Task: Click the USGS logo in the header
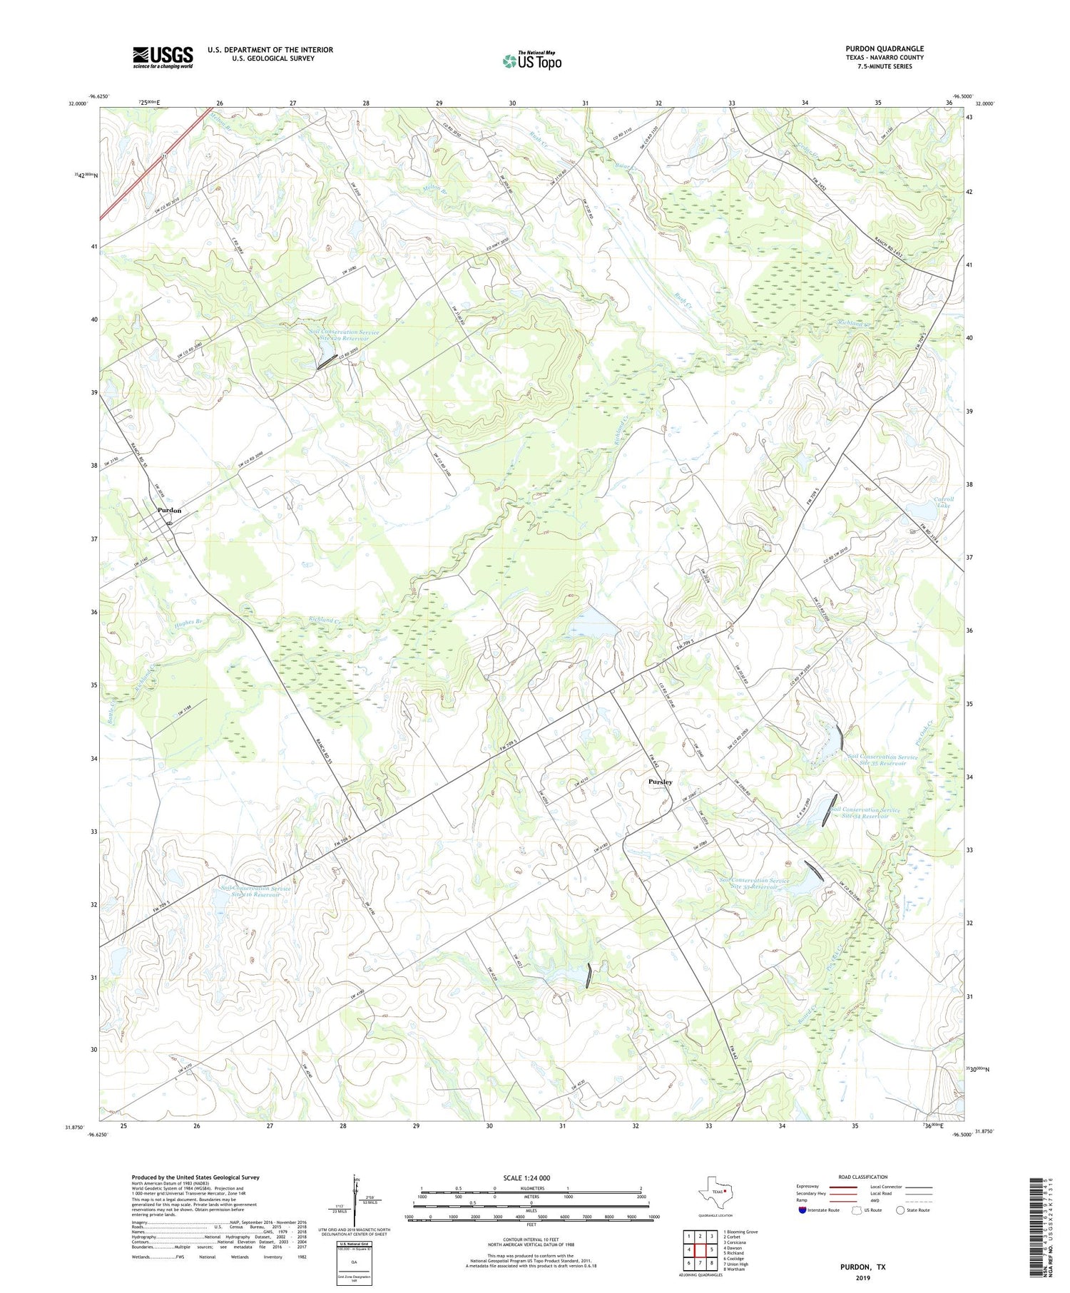point(163,57)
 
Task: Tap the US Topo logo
point(531,61)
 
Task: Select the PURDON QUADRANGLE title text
point(884,48)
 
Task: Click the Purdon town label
point(170,511)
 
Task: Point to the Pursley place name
point(660,782)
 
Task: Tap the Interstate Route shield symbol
point(802,1210)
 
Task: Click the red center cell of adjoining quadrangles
point(702,1249)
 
